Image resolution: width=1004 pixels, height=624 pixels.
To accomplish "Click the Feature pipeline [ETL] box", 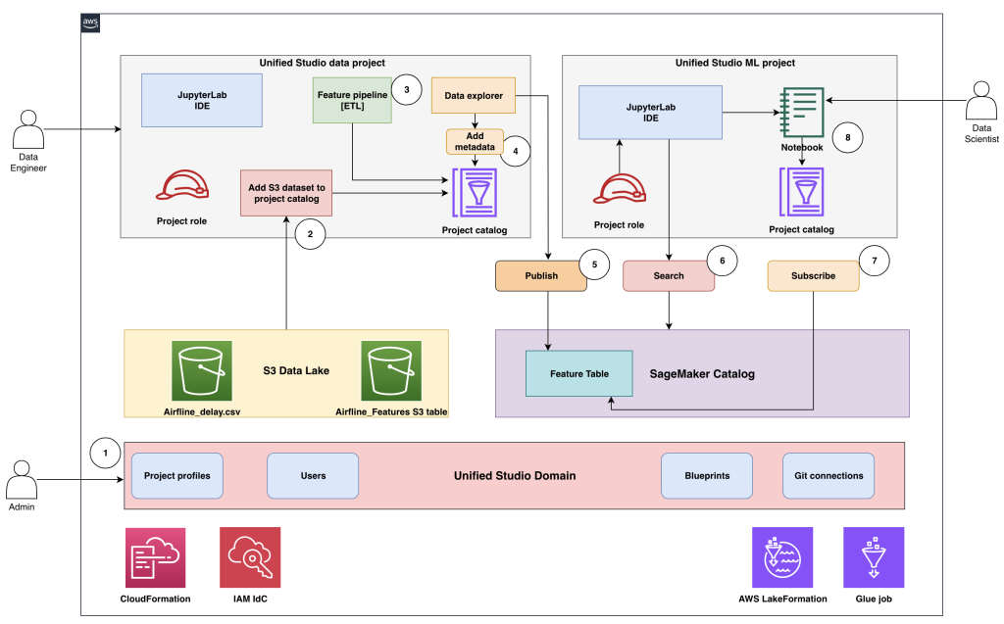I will click(352, 100).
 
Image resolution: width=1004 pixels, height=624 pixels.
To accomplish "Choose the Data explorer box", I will click(474, 96).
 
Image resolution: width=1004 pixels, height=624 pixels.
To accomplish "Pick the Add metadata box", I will click(475, 142).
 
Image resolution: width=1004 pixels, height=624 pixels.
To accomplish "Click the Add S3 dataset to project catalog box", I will click(285, 192).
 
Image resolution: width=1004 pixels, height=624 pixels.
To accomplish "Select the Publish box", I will click(541, 276).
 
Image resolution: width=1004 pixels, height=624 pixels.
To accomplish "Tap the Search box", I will click(668, 276).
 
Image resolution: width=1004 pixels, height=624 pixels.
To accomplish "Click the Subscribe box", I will click(813, 276).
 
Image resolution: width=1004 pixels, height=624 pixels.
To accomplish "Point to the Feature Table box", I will click(579, 373).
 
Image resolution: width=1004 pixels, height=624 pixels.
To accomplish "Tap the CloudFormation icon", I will click(155, 557).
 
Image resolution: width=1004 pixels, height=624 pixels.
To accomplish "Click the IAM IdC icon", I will click(250, 557).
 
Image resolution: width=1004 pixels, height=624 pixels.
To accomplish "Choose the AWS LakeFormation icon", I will click(782, 557).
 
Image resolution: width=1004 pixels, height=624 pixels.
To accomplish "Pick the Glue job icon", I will click(874, 557).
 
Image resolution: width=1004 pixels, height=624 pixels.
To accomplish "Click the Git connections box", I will click(828, 476).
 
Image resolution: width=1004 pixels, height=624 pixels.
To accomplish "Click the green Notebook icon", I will click(801, 113).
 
